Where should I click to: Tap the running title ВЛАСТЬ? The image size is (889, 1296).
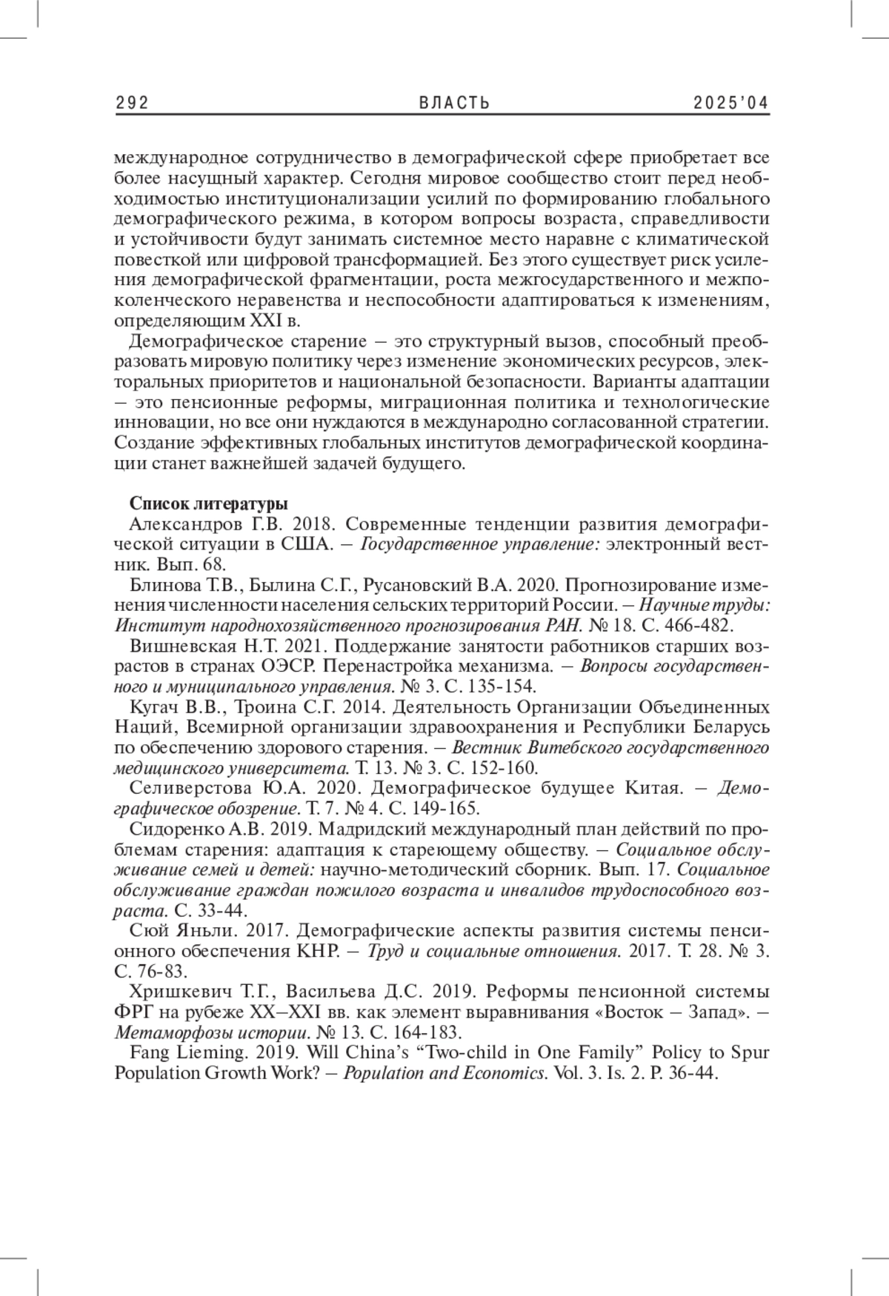tap(444, 104)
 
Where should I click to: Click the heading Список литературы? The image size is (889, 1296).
tap(209, 504)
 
